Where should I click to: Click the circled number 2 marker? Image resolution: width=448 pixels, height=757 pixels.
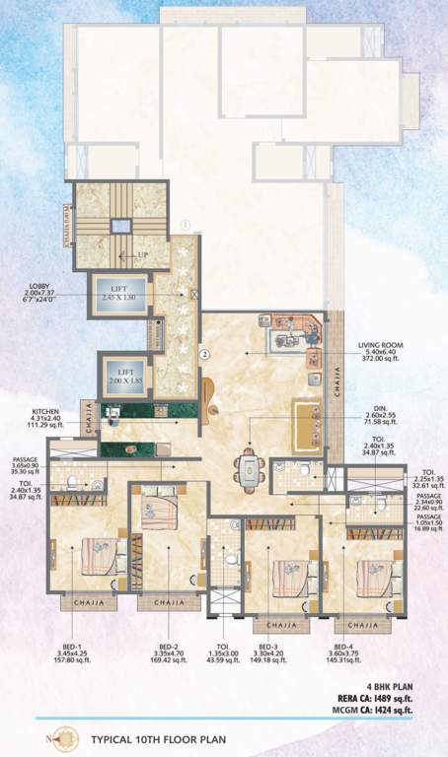pyautogui.click(x=203, y=352)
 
